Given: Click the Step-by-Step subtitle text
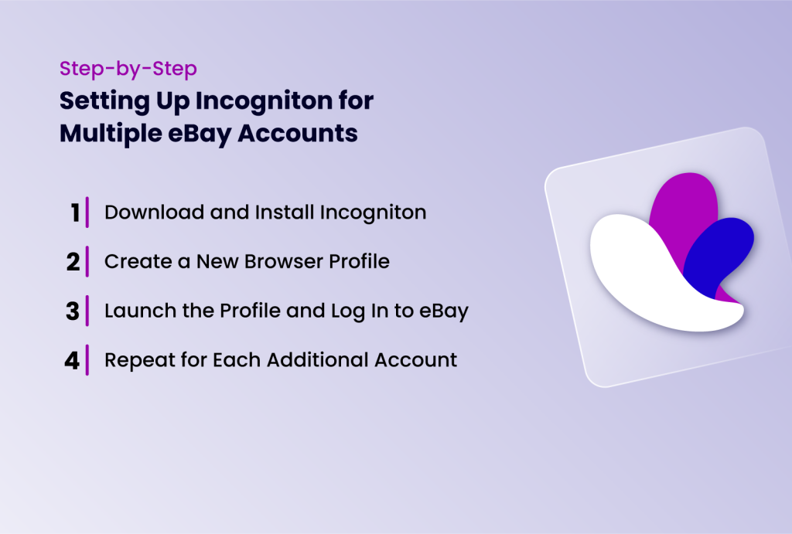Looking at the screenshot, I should tap(128, 69).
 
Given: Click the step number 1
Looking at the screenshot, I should tap(75, 213).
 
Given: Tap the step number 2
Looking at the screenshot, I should tap(73, 262).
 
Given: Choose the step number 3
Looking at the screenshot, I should tap(73, 311).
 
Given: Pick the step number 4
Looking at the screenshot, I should tap(73, 361).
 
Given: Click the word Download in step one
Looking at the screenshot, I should tap(142, 213).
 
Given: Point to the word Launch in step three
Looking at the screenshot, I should tap(132, 311).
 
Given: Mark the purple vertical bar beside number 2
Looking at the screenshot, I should tap(87, 262).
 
